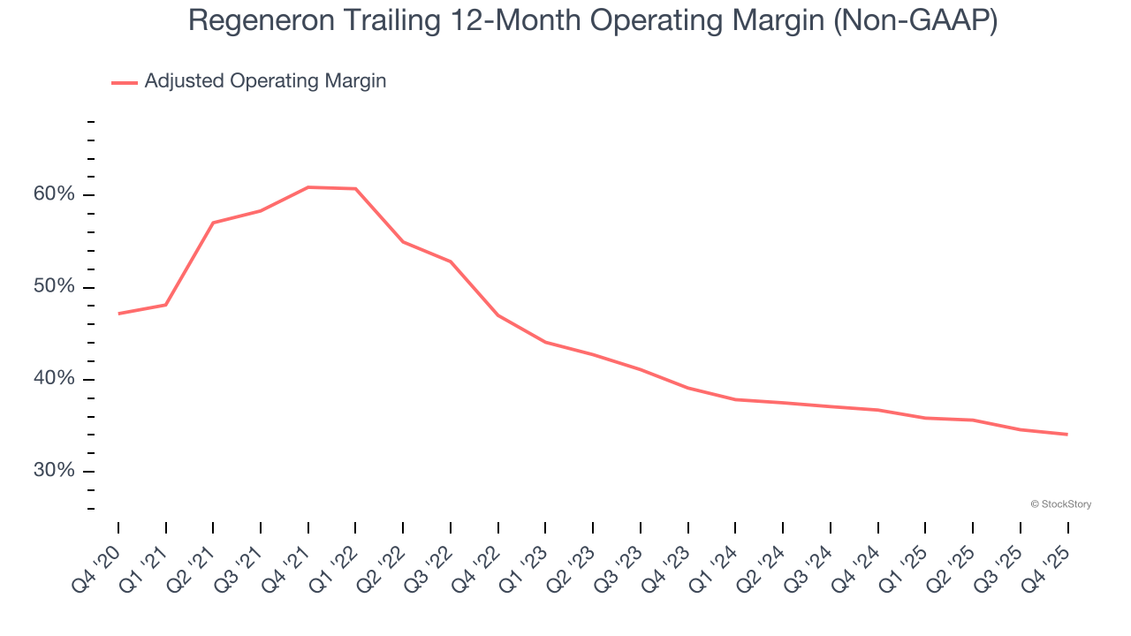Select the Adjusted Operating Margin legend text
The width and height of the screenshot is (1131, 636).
click(265, 81)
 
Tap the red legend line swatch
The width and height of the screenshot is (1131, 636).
click(125, 82)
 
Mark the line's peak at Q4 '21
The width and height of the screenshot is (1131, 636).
click(308, 187)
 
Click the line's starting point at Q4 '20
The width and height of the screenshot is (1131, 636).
click(118, 314)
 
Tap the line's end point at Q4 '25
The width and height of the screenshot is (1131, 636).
click(1067, 434)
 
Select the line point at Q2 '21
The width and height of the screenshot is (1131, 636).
click(213, 223)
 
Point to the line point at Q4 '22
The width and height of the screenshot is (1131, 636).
click(498, 315)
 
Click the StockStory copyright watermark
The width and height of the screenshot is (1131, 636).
click(1060, 504)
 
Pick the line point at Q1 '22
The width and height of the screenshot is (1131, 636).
click(355, 189)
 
